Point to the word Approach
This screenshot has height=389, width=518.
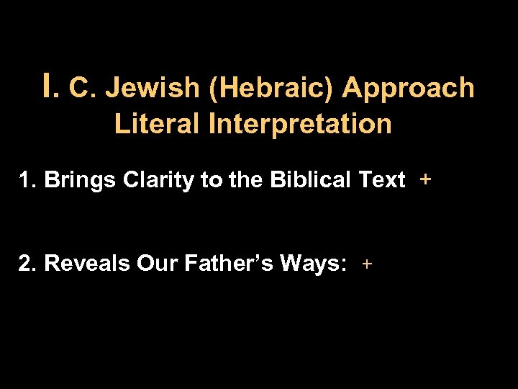tap(409, 88)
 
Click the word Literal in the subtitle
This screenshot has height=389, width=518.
tap(158, 124)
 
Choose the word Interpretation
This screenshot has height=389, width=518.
tap(301, 124)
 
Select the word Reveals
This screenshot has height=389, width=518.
tap(87, 264)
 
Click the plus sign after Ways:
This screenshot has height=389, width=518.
tap(367, 264)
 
